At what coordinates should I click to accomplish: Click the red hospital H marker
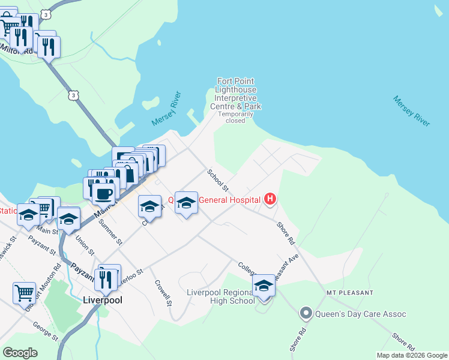pos(270,199)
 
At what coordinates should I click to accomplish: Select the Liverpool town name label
pos(103,299)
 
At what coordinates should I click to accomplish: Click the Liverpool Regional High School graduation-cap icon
pos(264,286)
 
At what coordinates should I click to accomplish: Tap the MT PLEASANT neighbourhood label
pos(350,292)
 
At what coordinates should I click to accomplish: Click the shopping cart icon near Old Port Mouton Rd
pos(24,293)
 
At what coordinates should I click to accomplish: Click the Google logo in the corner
pos(20,353)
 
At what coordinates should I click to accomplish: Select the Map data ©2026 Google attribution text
pos(412,355)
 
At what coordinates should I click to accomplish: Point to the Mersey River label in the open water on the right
pos(412,110)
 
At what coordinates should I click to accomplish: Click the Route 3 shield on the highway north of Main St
pos(73,95)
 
